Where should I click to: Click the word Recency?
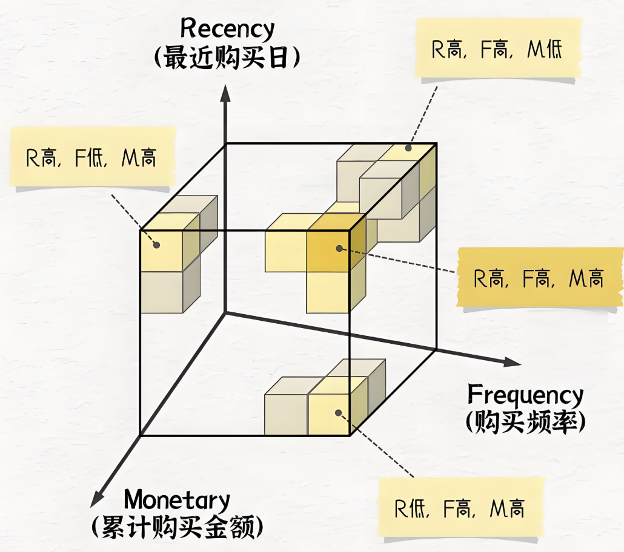[x=227, y=28]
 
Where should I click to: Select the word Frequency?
[x=525, y=395]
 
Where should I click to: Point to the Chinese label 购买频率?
[x=525, y=422]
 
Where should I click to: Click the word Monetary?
[x=177, y=501]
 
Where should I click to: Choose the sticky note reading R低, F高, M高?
[x=460, y=508]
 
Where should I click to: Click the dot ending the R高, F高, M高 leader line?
[x=339, y=248]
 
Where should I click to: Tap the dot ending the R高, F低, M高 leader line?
[x=156, y=245]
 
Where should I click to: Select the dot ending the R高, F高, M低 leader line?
[x=408, y=147]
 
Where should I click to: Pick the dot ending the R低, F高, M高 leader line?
[x=338, y=413]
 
